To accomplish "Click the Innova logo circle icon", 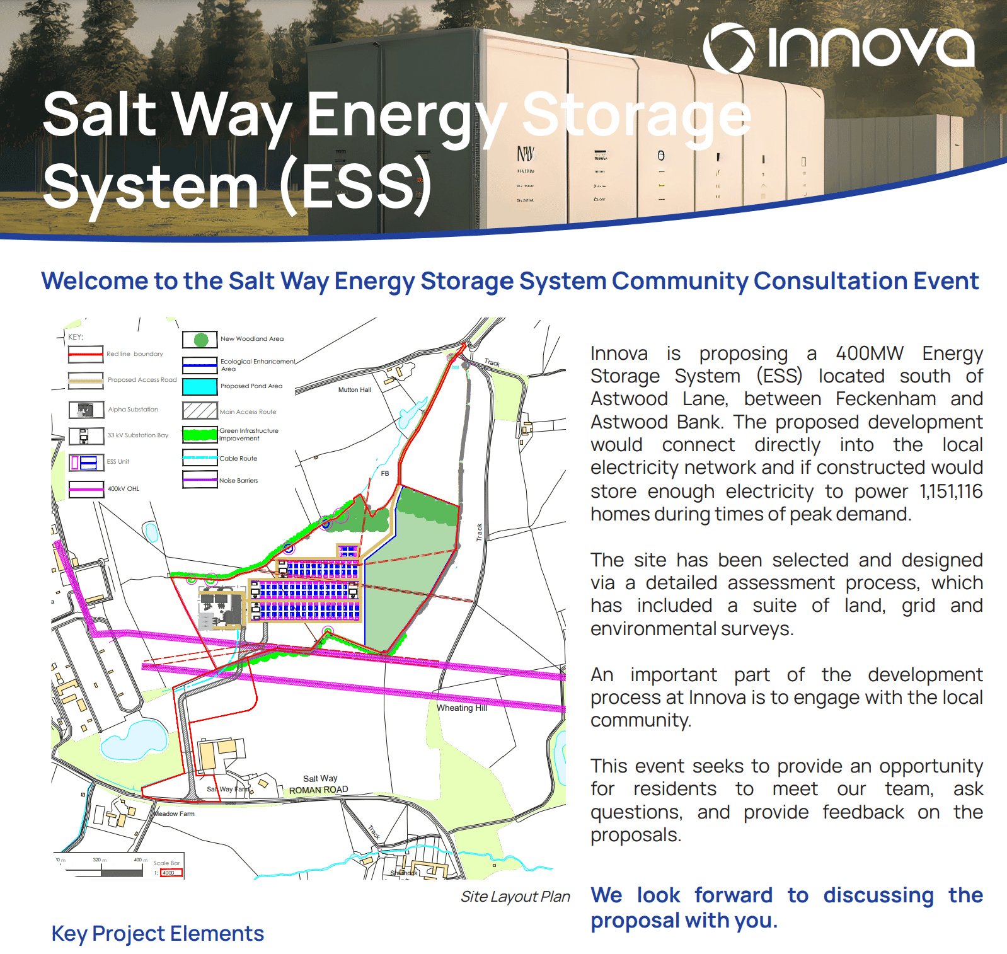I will [x=728, y=48].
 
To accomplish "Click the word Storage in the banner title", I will [x=636, y=115].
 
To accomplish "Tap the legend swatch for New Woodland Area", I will [x=200, y=340].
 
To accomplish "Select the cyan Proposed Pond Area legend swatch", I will [x=200, y=386].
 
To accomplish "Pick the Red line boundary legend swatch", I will [x=86, y=354].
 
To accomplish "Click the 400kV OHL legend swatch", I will [x=86, y=489].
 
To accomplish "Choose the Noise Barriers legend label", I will [x=238, y=481].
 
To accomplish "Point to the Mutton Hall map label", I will [x=354, y=390].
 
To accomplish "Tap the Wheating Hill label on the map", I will [x=462, y=708].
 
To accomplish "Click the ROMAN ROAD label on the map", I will [x=318, y=790].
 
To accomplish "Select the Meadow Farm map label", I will [x=175, y=814].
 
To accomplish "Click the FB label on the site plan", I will [x=385, y=474].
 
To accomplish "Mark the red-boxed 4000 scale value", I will [x=170, y=873].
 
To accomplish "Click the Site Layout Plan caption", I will [x=515, y=897].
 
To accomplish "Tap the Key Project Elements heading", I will [x=158, y=933].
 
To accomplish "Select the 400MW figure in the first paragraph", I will [x=869, y=353].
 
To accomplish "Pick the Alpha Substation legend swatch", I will [x=86, y=410].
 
